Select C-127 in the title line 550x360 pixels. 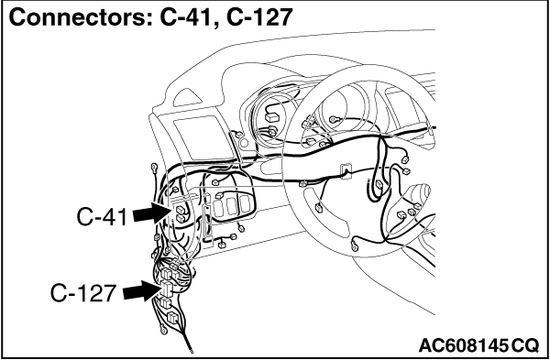259,17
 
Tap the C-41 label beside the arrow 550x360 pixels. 102,217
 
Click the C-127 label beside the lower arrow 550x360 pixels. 83,293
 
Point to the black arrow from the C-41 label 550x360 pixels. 152,213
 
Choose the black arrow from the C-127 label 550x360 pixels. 142,290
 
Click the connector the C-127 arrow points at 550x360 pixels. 167,289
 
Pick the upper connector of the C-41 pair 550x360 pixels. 181,210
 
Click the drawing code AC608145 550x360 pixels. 463,345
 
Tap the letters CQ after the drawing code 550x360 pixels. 524,345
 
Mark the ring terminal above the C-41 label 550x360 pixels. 154,168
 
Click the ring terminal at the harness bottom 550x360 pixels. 163,329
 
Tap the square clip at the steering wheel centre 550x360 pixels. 346,171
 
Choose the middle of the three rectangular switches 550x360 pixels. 231,206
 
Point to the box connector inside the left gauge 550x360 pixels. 270,117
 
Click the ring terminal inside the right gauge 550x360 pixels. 334,119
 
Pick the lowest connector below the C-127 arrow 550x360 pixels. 172,318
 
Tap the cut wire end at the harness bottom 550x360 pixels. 191,350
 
